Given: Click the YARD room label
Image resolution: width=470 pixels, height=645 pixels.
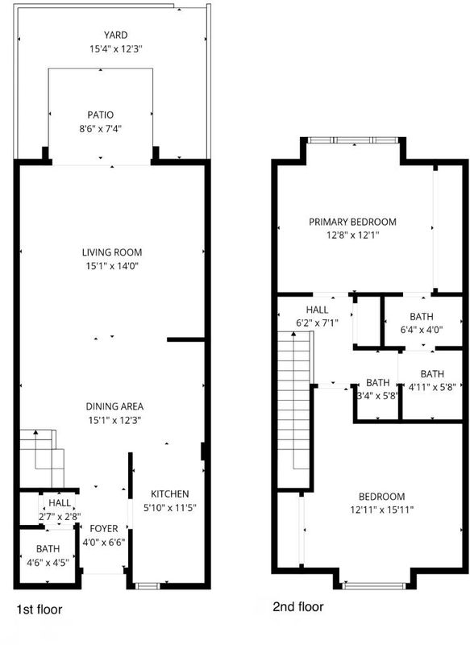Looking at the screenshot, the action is pyautogui.click(x=115, y=35).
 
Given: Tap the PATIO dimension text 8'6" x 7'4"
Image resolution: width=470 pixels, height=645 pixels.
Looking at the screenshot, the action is pyautogui.click(x=101, y=129).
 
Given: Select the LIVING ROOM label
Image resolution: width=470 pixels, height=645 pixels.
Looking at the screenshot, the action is pyautogui.click(x=112, y=252).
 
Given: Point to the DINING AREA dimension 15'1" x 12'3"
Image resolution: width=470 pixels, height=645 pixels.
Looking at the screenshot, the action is pyautogui.click(x=114, y=420).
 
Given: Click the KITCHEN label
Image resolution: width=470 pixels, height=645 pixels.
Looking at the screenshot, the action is pyautogui.click(x=170, y=494).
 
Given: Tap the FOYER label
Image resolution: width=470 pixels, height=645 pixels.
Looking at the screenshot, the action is pyautogui.click(x=104, y=529).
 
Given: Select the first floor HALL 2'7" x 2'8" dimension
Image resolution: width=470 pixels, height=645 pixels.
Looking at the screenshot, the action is pyautogui.click(x=60, y=517).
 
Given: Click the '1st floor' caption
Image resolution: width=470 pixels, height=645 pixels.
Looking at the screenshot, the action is pyautogui.click(x=39, y=610).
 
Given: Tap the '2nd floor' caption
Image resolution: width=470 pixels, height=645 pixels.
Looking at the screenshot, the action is pyautogui.click(x=298, y=607).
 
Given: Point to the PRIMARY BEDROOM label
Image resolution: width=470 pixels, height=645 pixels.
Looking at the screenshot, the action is pyautogui.click(x=353, y=222).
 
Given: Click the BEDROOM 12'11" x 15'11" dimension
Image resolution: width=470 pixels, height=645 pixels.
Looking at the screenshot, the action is pyautogui.click(x=381, y=510).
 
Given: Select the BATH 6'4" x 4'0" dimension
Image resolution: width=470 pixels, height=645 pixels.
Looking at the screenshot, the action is pyautogui.click(x=422, y=330).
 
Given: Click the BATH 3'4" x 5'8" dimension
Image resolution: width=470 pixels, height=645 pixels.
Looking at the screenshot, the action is pyautogui.click(x=377, y=396).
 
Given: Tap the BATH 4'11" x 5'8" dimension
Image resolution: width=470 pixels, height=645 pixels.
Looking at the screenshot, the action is pyautogui.click(x=432, y=387).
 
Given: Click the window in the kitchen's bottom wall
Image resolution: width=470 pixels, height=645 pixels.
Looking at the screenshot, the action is pyautogui.click(x=148, y=586).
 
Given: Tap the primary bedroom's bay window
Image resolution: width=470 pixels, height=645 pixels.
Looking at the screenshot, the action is pyautogui.click(x=353, y=140).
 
